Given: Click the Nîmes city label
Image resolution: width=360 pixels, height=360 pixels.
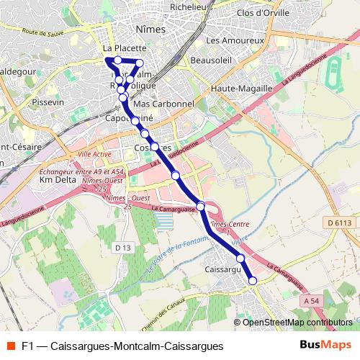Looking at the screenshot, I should (150, 30).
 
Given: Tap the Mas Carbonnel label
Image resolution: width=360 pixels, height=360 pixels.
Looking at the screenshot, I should (165, 104).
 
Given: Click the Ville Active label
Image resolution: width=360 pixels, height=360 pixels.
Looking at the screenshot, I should (94, 155).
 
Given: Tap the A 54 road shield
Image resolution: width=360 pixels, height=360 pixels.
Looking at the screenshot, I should (311, 300).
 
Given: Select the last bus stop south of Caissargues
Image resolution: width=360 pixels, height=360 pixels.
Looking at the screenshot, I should (253, 281).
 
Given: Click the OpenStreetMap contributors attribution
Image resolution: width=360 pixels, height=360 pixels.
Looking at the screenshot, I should (298, 322).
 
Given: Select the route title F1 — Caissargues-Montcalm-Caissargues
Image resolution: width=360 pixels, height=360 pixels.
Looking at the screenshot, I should (122, 346).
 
